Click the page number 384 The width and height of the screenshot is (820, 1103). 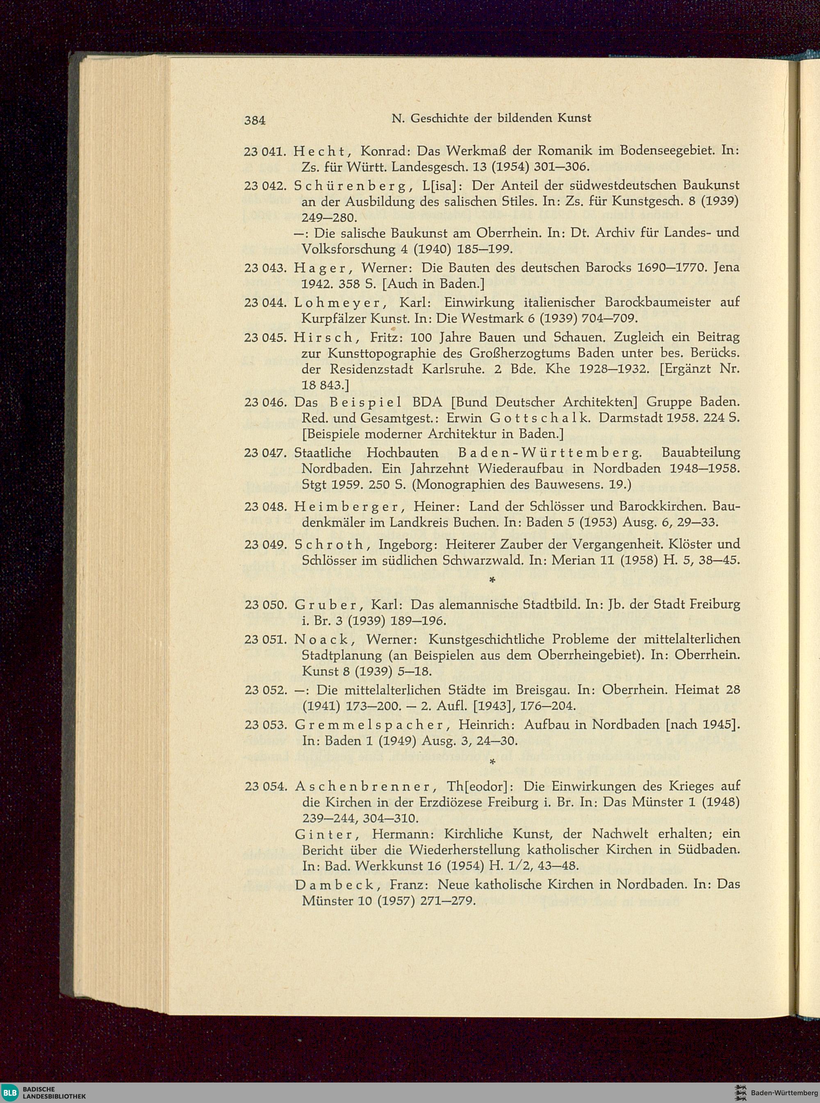pos(255,120)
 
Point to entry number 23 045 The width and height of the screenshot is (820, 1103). pos(264,337)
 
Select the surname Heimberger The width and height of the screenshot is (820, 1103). pos(346,507)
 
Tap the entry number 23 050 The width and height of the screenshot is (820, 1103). pos(264,605)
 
